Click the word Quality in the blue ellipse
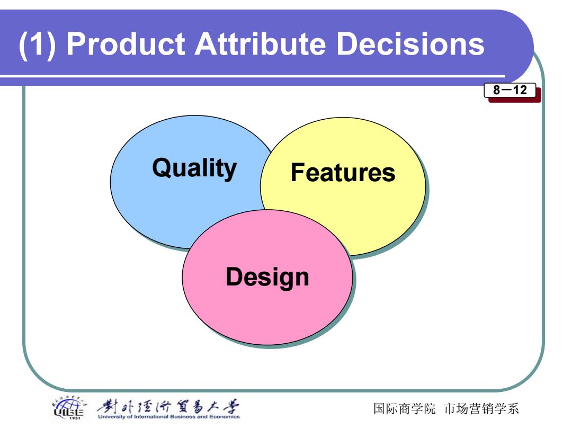(194, 168)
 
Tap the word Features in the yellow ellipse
(343, 172)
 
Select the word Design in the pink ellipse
(267, 277)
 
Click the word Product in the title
(127, 44)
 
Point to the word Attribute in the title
(260, 44)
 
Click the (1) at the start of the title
(38, 44)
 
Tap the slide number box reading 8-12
(510, 90)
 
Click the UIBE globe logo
(68, 407)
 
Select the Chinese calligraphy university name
(168, 406)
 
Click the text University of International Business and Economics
(168, 417)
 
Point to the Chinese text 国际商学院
(404, 408)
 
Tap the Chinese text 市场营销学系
(481, 408)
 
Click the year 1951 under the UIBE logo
(75, 418)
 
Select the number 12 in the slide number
(520, 90)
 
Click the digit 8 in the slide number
(496, 90)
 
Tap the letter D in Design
(234, 276)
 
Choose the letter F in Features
(297, 172)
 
